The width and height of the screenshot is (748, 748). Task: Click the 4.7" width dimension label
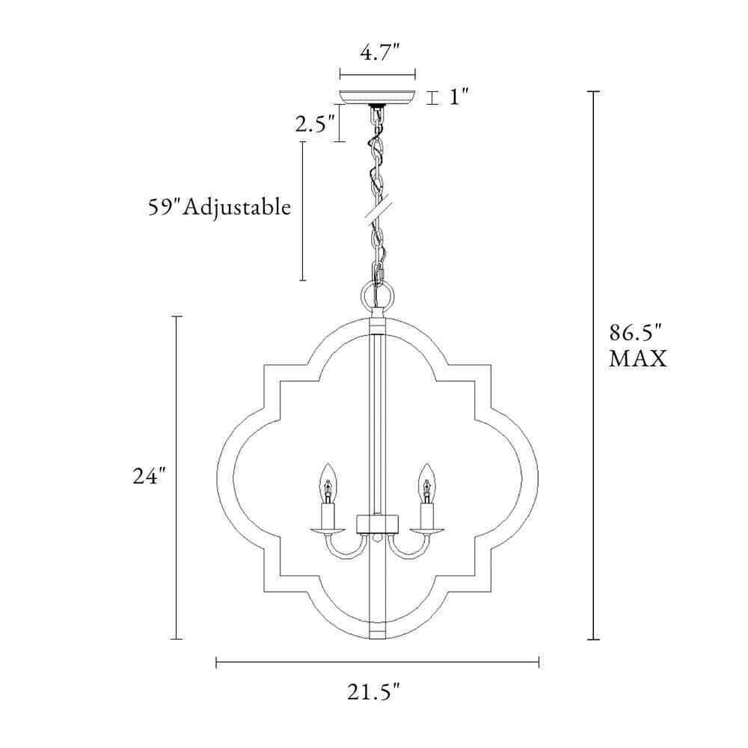click(x=379, y=52)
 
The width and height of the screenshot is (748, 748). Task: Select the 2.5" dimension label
click(x=314, y=124)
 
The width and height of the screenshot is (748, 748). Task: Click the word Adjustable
click(x=237, y=208)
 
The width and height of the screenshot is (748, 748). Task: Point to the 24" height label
click(x=149, y=476)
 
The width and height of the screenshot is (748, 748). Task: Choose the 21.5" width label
click(x=373, y=692)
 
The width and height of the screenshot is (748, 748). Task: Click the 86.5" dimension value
click(x=637, y=333)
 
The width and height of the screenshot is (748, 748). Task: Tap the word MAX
click(x=638, y=359)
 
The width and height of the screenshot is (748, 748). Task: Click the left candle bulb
click(x=327, y=483)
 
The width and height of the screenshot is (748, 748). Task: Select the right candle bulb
click(x=427, y=483)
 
